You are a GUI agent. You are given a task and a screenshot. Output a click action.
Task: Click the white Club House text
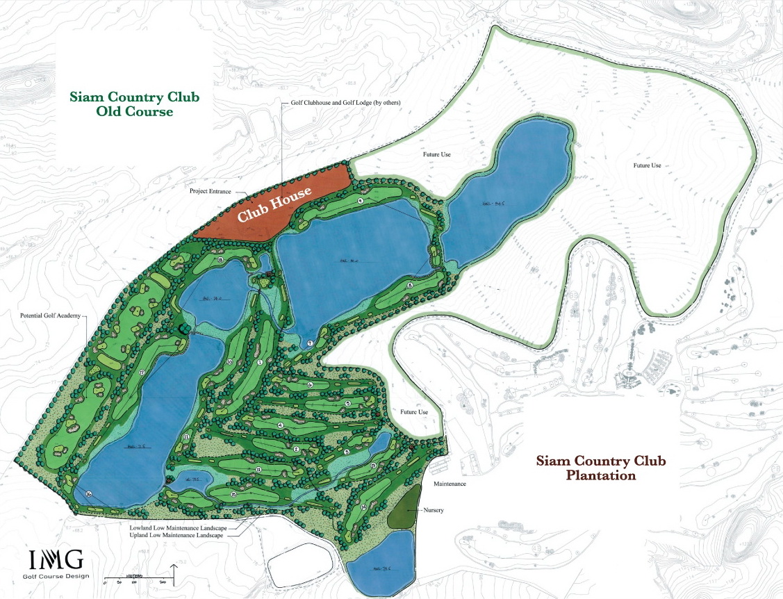pos(274,206)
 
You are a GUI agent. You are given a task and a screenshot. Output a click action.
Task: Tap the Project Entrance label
pos(213,190)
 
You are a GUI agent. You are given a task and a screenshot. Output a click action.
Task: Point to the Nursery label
pos(433,511)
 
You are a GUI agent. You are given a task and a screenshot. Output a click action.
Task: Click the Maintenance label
pos(450,484)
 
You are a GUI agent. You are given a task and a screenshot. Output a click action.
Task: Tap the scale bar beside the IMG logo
pos(137,576)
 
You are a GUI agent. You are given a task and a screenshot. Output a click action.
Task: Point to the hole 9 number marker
pos(361,200)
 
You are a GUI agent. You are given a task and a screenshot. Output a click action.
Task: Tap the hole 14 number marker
pos(364,507)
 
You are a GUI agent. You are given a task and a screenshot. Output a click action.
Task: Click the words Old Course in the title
pos(134,111)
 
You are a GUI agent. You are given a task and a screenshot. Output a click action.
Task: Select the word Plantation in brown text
pos(601,476)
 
